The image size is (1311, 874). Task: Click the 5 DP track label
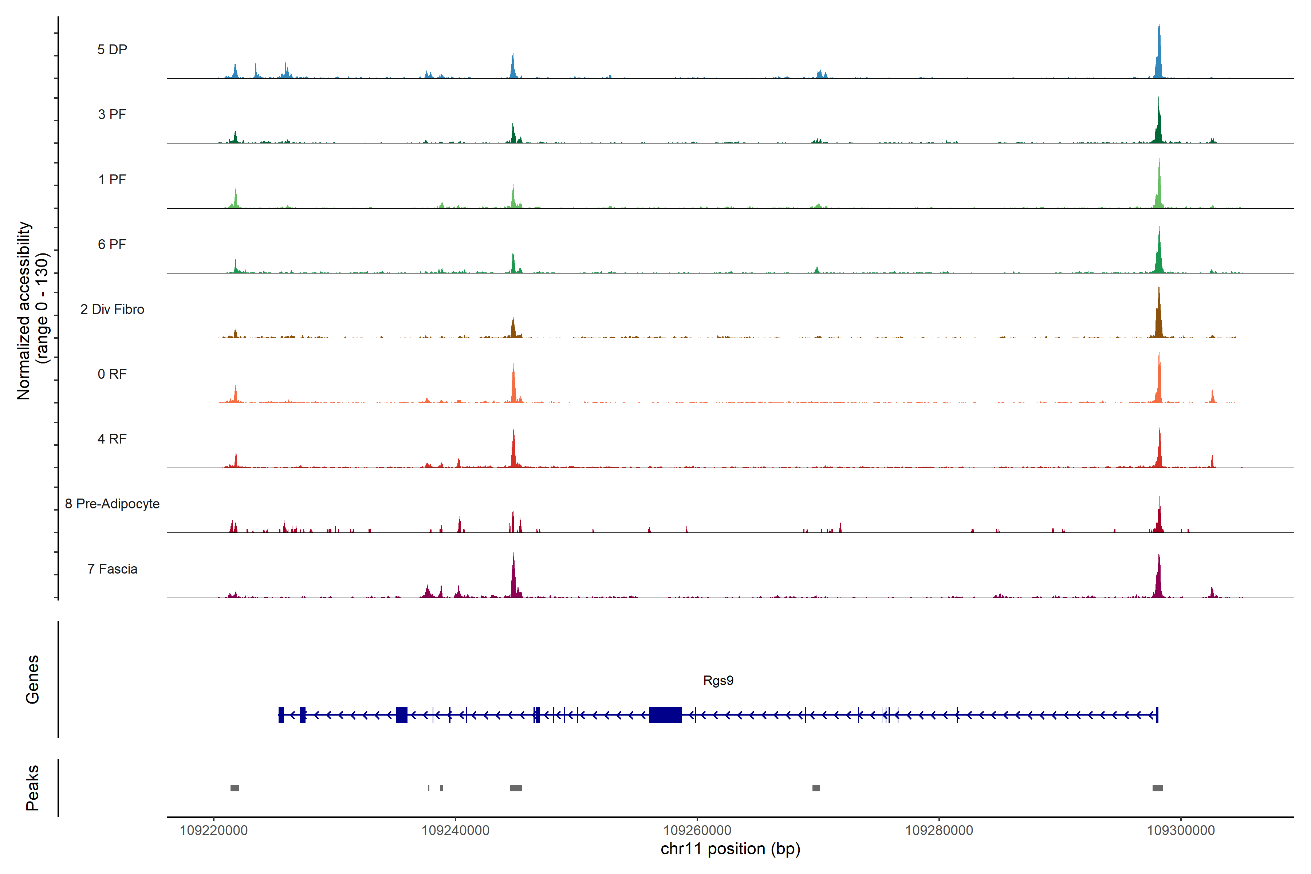click(112, 50)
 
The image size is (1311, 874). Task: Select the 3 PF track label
click(112, 114)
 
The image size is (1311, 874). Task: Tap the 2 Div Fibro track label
click(112, 309)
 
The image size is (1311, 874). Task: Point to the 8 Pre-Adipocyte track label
click(112, 504)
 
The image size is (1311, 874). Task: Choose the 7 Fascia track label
click(112, 569)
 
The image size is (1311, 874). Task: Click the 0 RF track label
click(112, 374)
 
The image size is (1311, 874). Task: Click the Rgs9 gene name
click(718, 681)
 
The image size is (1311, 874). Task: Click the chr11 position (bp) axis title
click(730, 849)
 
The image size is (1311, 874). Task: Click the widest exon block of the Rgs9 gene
click(665, 714)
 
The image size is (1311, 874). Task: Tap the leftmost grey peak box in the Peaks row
click(235, 788)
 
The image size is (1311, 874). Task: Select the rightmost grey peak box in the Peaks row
click(1157, 788)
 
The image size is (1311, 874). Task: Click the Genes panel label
click(32, 680)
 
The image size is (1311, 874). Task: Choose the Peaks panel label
click(32, 788)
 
